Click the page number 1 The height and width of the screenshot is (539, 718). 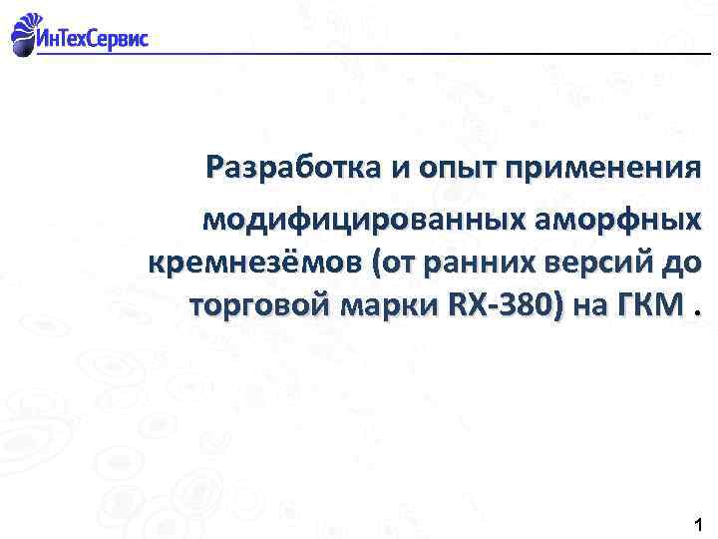click(696, 524)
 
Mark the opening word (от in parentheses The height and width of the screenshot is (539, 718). click(393, 264)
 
